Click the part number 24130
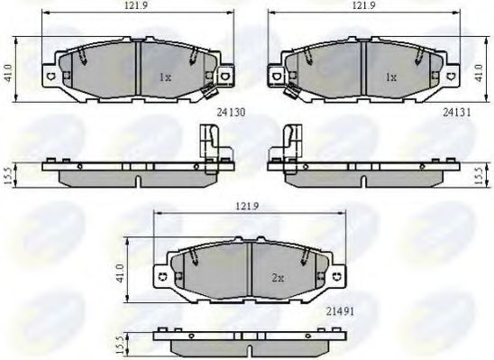(x=232, y=114)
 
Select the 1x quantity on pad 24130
(x=165, y=78)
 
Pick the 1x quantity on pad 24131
(x=390, y=78)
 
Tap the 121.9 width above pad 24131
(x=362, y=6)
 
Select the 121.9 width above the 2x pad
(x=249, y=207)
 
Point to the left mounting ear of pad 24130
(x=51, y=76)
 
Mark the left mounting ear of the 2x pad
(x=162, y=276)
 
